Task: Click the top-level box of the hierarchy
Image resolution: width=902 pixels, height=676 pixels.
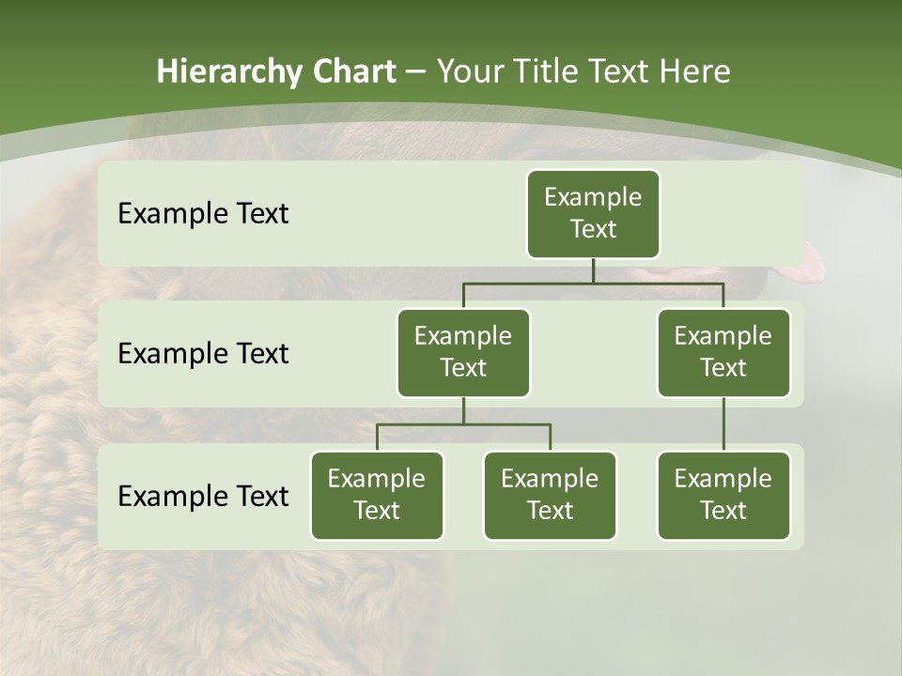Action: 593,213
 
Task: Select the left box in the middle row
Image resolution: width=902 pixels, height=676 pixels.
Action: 463,352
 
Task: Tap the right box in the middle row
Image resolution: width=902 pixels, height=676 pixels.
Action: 723,352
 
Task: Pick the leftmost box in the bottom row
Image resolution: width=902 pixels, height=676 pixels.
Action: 377,495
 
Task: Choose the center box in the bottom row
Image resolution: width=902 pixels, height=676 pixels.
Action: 550,495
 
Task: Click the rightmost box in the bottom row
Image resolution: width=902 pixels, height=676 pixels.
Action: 723,495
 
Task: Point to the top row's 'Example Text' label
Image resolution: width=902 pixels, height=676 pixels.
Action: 203,214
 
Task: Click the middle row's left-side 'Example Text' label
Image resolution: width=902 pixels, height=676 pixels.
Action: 203,354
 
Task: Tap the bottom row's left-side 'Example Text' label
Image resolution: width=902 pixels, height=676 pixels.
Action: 203,496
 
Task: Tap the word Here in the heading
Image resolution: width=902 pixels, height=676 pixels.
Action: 695,71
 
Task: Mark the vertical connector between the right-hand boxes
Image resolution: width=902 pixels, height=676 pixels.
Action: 723,424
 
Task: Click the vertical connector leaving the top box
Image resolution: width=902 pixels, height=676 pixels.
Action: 593,270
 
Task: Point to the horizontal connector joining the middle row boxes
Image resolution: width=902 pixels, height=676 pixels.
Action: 593,283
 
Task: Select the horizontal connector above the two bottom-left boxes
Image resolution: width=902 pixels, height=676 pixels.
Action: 463,424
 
